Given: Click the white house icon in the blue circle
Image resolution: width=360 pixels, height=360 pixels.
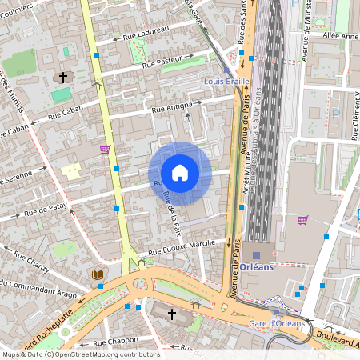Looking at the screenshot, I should pos(180,173).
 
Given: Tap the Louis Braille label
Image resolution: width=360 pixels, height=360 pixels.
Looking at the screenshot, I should pos(228,82).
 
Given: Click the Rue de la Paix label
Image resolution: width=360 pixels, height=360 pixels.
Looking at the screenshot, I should pos(172,215).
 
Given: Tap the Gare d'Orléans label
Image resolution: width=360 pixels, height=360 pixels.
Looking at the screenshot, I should pos(277,323).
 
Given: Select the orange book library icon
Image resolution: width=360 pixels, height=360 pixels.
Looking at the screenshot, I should pos(98,274).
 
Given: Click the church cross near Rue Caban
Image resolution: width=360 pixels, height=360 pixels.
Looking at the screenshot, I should pos(62,78).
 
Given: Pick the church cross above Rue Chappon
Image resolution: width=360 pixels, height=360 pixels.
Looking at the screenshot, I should pos(171,314).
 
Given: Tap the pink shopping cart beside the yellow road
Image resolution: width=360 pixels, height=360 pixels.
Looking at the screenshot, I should pos(104,149).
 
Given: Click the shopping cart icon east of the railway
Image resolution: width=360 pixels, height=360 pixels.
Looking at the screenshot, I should pos(302,219).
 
